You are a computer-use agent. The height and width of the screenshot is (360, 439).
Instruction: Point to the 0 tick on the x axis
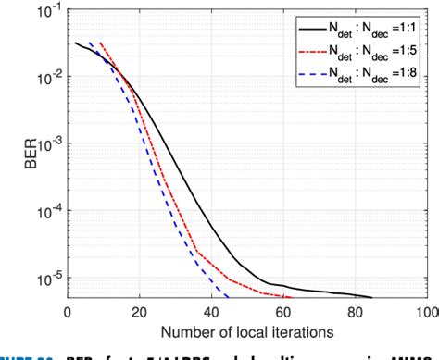coord(67,312)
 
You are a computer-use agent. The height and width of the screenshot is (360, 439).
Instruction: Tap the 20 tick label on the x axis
coord(138,312)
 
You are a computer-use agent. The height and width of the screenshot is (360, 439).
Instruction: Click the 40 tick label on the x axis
coord(210,312)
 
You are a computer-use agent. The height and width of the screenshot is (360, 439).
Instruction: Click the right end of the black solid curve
coord(371,297)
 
